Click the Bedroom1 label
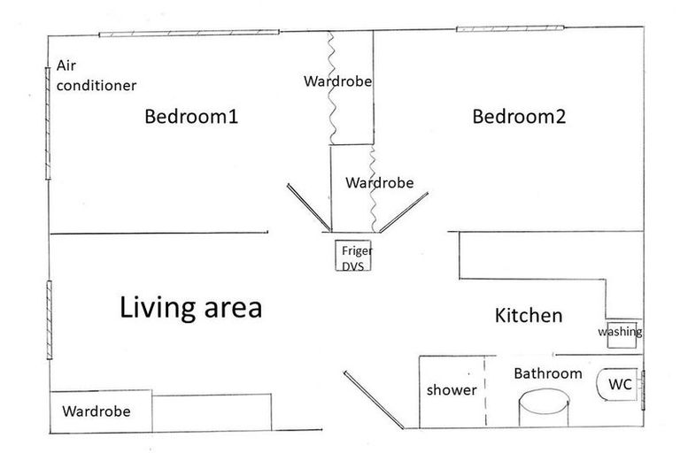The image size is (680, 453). click(191, 116)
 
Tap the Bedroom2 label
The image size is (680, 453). click(519, 116)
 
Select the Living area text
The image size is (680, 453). click(191, 307)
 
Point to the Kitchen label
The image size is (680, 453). click(529, 315)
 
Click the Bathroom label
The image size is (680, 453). click(548, 373)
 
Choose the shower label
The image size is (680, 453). click(452, 389)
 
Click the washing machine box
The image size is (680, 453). click(622, 334)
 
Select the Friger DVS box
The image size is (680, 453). click(353, 256)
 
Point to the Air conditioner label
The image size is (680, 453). click(97, 75)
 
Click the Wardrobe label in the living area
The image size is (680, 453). click(97, 411)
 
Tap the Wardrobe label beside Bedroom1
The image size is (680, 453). click(338, 81)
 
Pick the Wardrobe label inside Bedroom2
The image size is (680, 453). click(380, 182)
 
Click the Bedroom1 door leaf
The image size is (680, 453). click(309, 208)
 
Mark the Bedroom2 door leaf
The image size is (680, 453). click(404, 212)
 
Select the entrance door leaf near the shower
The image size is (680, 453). click(374, 400)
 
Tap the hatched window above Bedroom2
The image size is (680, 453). click(510, 28)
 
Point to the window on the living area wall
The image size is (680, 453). click(50, 320)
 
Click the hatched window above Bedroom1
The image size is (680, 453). click(189, 33)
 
